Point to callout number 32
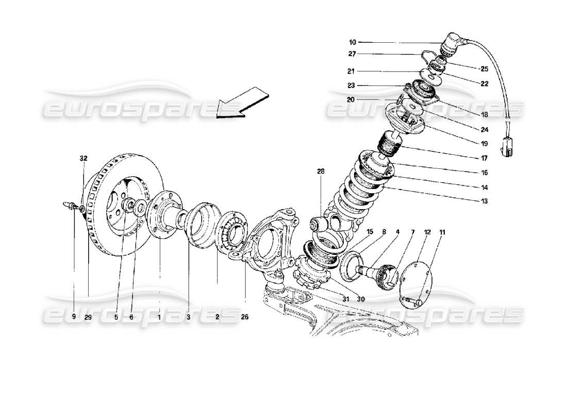click(84, 159)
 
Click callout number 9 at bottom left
click(73, 317)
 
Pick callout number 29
click(88, 317)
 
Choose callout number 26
click(244, 317)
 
